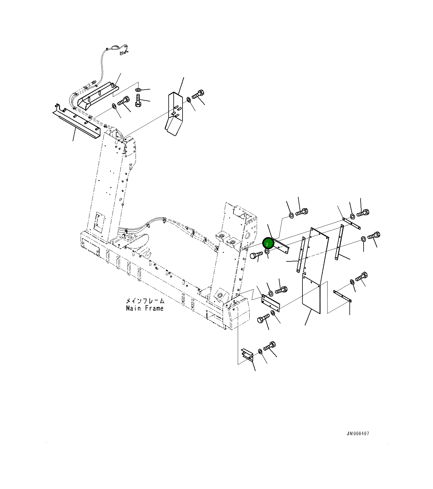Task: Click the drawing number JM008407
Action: tap(358, 434)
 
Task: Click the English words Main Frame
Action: tap(144, 308)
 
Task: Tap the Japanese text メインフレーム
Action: tap(145, 301)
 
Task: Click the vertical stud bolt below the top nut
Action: tap(138, 100)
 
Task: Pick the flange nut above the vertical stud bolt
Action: tap(138, 90)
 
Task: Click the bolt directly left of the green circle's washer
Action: tap(256, 255)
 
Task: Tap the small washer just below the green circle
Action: tap(267, 251)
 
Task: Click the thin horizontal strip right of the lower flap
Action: tap(342, 296)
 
